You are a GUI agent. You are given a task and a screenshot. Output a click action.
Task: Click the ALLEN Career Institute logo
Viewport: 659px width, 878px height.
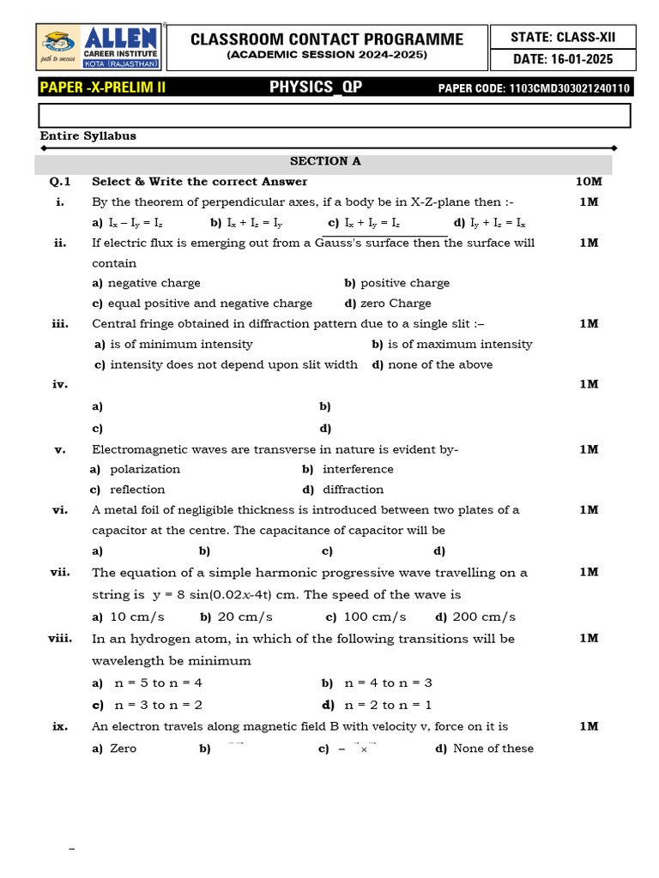99,48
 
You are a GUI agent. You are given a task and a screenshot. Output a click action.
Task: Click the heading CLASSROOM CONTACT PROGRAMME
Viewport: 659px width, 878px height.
326,39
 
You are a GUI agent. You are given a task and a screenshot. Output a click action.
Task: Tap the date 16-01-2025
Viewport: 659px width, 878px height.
562,59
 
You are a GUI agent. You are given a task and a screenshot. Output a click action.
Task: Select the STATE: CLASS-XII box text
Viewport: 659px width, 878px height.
562,37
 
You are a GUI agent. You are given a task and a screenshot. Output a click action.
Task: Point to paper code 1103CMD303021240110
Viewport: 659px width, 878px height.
534,88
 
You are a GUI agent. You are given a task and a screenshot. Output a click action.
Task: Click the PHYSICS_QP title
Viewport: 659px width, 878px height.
310,87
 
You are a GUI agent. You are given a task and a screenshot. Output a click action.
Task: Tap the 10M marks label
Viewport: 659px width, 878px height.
589,182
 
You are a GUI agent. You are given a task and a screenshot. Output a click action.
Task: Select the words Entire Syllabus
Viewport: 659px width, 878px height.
88,135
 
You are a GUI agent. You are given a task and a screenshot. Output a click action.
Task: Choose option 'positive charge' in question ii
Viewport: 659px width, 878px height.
404,283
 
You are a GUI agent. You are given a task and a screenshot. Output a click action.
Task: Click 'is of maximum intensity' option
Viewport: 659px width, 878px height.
460,344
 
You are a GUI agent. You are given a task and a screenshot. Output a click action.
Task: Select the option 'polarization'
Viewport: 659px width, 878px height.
145,469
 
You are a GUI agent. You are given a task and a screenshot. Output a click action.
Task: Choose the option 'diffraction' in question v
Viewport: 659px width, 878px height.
353,490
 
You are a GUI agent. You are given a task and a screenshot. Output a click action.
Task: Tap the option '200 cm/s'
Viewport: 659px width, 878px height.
484,617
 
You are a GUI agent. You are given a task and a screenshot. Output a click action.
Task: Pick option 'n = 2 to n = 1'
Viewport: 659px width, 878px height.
388,706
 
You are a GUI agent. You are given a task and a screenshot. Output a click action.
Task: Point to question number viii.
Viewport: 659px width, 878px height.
60,639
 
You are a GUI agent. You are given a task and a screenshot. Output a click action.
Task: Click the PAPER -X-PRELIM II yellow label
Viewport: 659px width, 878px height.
103,87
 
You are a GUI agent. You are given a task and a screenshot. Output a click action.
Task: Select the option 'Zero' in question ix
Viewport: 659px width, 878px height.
123,749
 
